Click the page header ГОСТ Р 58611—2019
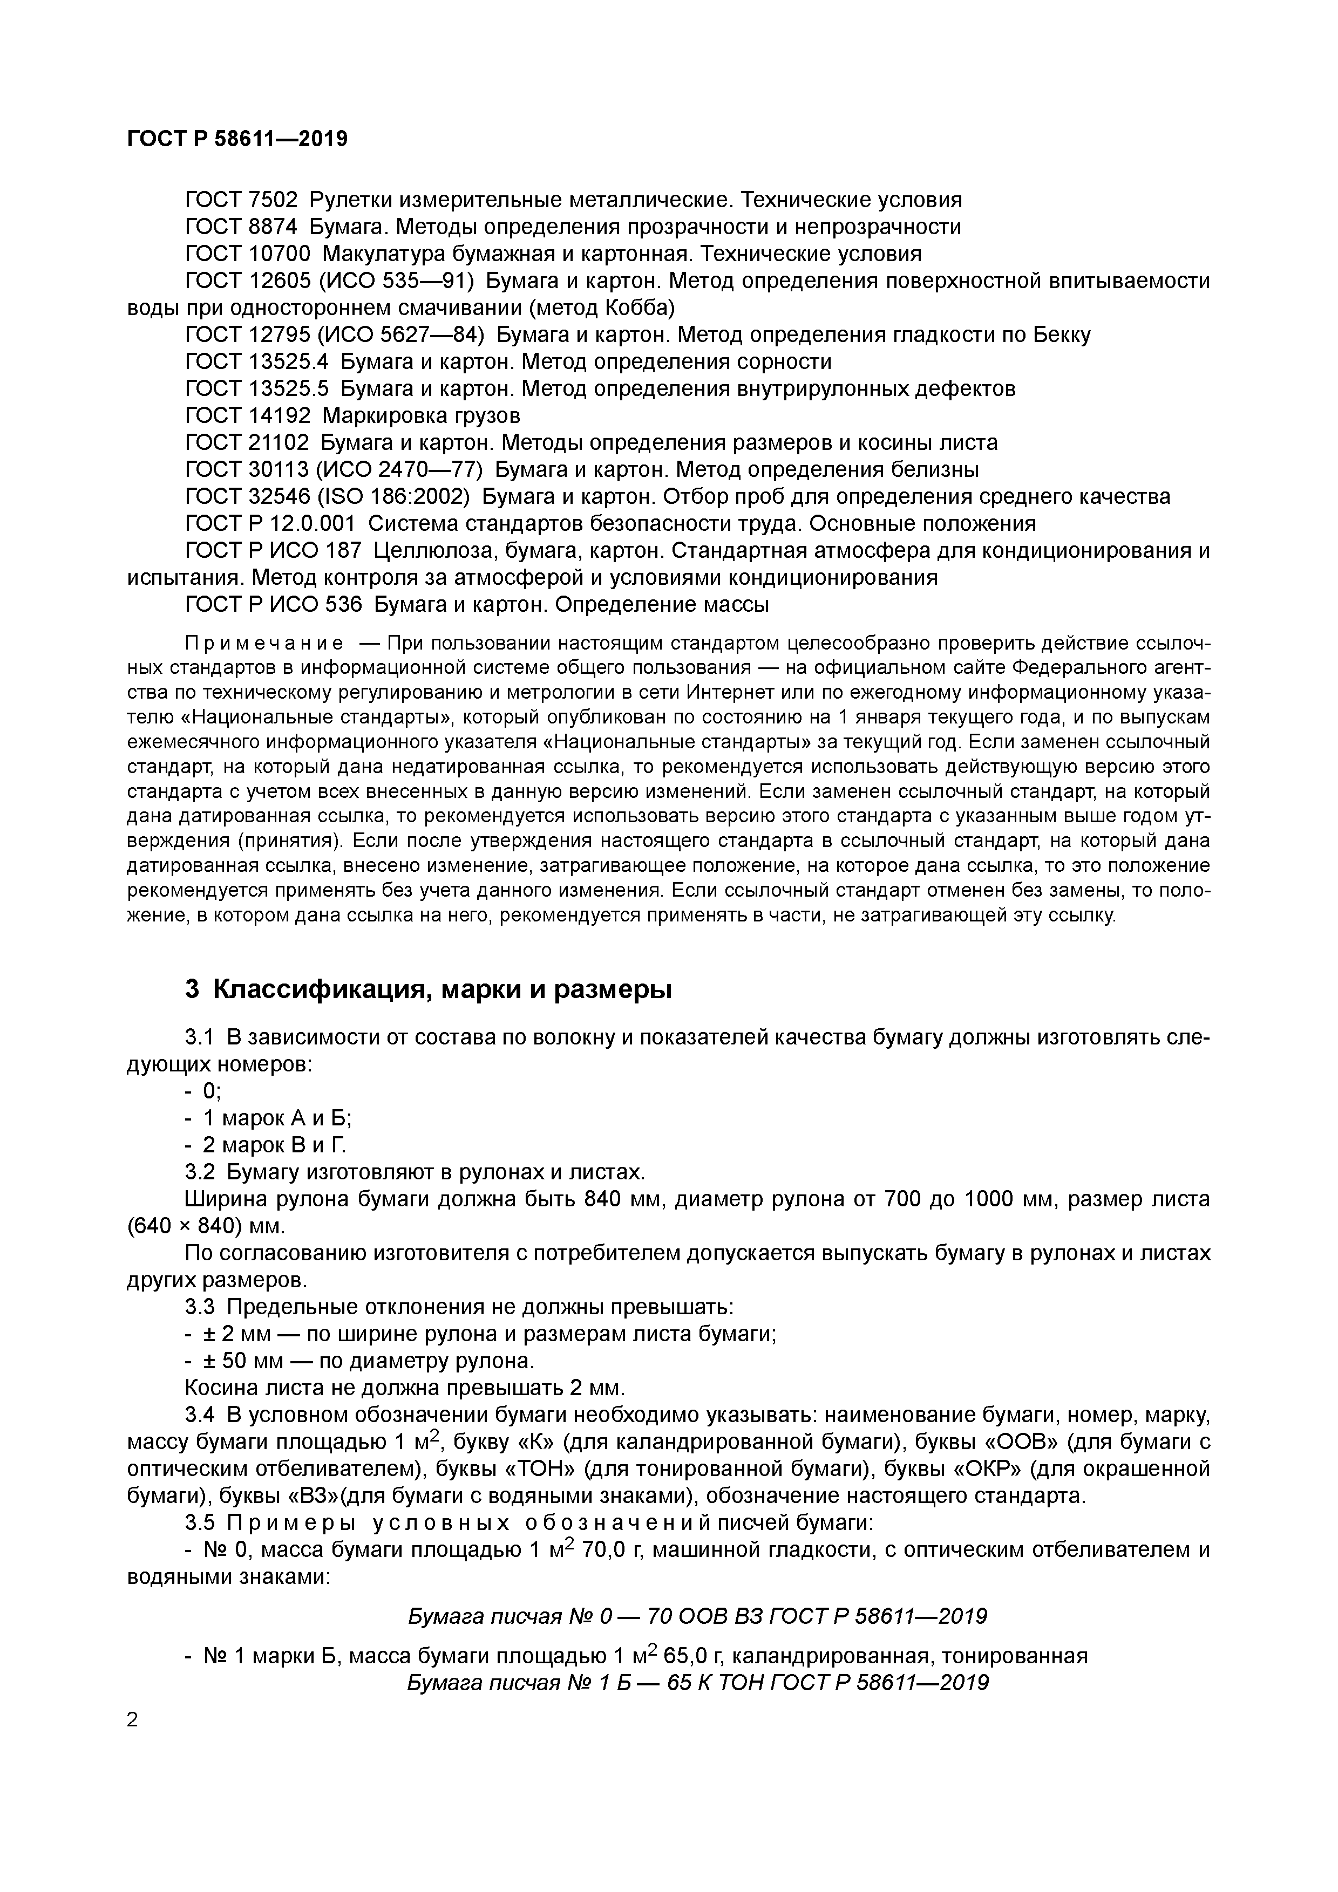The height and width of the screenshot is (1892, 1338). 237,139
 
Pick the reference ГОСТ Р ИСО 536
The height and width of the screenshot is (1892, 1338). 273,605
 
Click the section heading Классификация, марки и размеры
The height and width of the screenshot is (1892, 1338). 442,989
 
